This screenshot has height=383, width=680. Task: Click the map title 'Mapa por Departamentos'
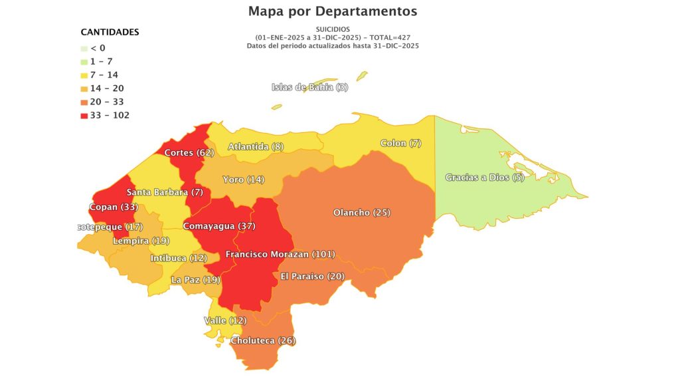tap(332, 11)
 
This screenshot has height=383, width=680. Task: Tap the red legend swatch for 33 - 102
tap(84, 116)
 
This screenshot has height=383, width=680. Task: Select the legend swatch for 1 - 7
tap(84, 61)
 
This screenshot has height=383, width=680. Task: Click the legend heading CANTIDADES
tap(110, 32)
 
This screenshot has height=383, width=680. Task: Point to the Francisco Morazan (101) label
tap(280, 254)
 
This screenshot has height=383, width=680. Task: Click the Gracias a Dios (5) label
tap(485, 178)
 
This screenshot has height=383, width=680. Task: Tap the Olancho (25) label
tap(361, 213)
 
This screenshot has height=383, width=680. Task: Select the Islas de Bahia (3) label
tap(309, 87)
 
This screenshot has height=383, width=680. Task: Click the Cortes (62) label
tap(189, 152)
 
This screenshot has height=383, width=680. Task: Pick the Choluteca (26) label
tap(263, 340)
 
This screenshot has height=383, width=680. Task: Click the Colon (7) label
tap(400, 144)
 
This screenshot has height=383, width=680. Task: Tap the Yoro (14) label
tap(244, 180)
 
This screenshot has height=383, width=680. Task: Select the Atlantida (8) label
tap(256, 146)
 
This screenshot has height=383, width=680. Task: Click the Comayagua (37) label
tap(218, 226)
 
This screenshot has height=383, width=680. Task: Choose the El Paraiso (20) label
tap(311, 276)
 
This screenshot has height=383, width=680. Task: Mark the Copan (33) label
tap(113, 207)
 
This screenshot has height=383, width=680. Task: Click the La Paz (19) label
tap(195, 280)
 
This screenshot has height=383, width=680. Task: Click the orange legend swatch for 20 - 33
tap(84, 102)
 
